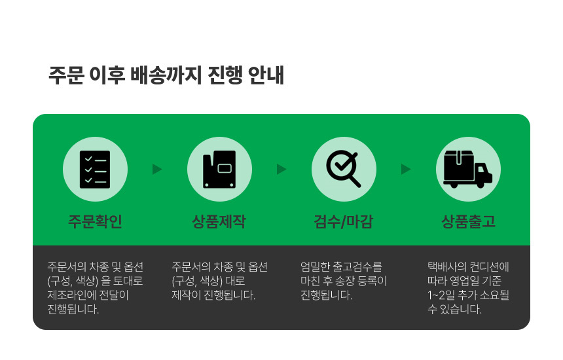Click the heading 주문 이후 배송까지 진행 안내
point(166,75)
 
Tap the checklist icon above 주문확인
point(95,170)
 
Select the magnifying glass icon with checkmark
point(344,168)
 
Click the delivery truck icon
point(468,169)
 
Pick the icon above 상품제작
point(219,170)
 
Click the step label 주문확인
point(95,221)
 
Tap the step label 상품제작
point(219,221)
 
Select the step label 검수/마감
point(344,221)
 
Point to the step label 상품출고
point(468,221)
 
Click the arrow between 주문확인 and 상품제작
point(157,169)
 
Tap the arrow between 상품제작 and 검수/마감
point(281,169)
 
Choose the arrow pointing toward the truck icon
point(406,169)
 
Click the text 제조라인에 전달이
point(88,295)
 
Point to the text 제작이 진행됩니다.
point(213,295)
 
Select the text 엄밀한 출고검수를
point(342,266)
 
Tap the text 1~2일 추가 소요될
point(468,295)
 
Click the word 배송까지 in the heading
point(166,75)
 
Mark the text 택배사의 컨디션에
point(468,266)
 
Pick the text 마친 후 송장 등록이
point(344,281)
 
